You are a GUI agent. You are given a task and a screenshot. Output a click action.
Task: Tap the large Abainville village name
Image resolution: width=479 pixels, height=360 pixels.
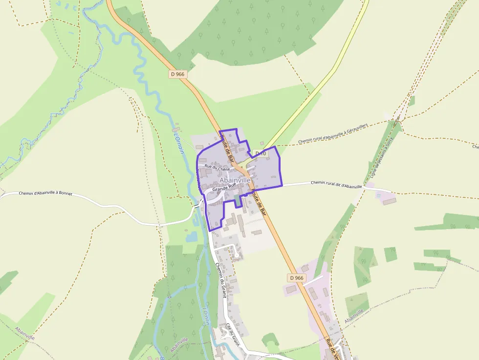[235, 180]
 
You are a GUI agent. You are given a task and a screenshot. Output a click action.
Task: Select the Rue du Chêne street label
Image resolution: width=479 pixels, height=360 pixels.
[217, 167]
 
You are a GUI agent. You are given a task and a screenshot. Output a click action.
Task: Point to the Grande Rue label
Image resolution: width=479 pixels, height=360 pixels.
[224, 187]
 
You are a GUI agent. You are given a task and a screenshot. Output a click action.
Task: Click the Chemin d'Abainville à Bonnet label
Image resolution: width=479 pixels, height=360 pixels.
[45, 193]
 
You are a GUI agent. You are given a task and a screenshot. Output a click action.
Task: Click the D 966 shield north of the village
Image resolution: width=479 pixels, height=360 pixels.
[178, 74]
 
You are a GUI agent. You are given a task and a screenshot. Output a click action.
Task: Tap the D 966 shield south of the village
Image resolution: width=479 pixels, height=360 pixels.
[296, 278]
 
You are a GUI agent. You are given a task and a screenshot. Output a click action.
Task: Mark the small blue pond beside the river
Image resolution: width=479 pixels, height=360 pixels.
[191, 237]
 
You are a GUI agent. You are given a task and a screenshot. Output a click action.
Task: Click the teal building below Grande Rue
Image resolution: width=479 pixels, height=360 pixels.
[238, 200]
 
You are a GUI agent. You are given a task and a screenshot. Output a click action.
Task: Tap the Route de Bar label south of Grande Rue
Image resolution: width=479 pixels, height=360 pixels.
[259, 203]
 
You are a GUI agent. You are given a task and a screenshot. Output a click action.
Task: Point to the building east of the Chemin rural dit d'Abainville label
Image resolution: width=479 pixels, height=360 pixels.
[390, 201]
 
